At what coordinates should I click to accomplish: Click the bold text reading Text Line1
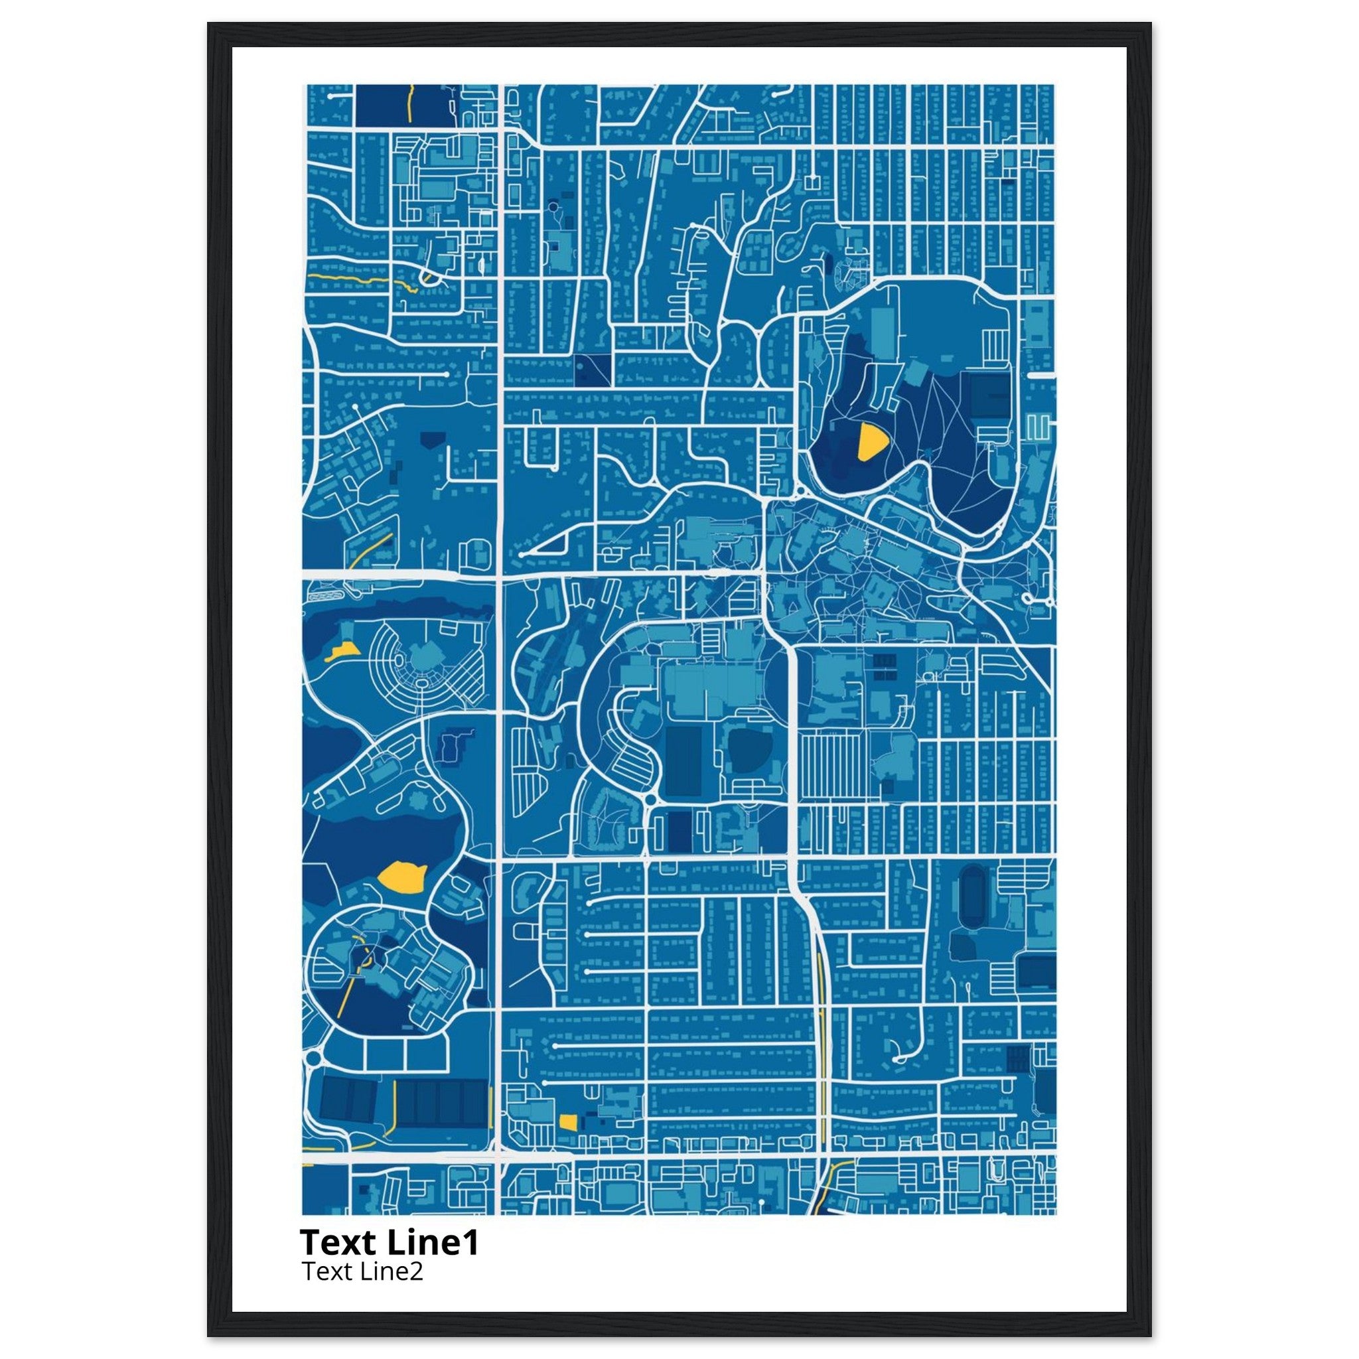(389, 1243)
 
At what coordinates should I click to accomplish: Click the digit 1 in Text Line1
(471, 1243)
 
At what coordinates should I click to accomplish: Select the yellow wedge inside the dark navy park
(871, 442)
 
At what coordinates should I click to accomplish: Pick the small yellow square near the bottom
(567, 1141)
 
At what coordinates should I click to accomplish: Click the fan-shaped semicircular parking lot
(422, 661)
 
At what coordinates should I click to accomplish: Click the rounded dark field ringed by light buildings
(748, 751)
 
